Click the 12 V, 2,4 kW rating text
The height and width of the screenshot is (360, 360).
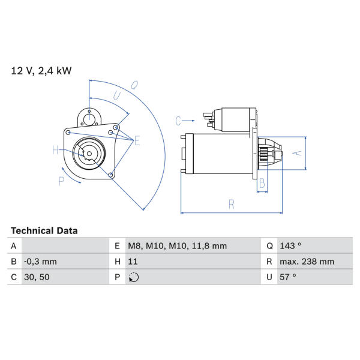click(41, 71)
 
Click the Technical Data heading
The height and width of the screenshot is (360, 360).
click(44, 231)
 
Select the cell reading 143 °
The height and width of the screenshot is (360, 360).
click(290, 246)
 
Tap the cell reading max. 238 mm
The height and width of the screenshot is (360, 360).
click(307, 262)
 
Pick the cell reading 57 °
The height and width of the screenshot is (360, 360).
click(287, 277)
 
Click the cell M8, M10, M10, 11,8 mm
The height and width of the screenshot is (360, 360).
click(177, 246)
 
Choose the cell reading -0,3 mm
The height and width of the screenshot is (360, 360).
click(40, 262)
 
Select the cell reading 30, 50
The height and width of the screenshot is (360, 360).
click(37, 277)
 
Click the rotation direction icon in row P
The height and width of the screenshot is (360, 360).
click(134, 277)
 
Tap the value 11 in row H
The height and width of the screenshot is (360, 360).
click(133, 262)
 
